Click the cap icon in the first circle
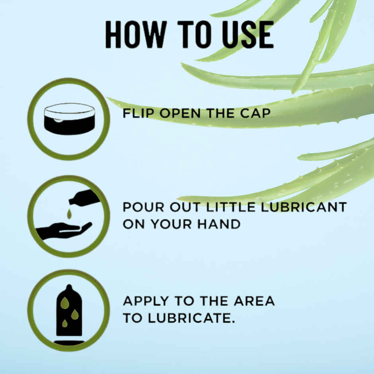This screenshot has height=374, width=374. click(x=69, y=119)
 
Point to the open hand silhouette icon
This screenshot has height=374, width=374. click(x=64, y=230)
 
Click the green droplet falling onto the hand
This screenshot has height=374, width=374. click(x=69, y=214)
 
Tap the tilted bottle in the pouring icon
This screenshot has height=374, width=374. click(x=84, y=197)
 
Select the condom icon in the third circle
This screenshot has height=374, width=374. click(x=69, y=312)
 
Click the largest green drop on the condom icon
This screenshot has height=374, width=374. click(x=64, y=303)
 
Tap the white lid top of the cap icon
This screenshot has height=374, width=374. click(x=69, y=109)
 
